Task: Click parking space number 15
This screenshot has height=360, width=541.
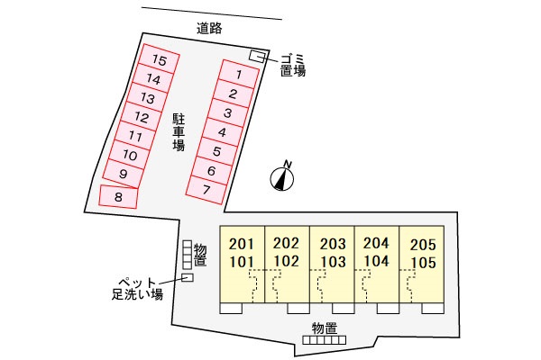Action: [159, 58]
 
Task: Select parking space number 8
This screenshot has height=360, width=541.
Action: [118, 197]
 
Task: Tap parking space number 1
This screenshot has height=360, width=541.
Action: [240, 74]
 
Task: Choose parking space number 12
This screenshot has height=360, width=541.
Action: [142, 117]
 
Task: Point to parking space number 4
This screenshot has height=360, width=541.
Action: [223, 132]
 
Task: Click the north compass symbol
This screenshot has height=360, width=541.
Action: [282, 177]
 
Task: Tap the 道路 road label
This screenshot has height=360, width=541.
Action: [209, 28]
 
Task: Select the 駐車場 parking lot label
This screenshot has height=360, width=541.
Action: [179, 133]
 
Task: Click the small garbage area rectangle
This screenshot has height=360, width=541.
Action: [257, 56]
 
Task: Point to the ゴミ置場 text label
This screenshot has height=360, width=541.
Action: [292, 66]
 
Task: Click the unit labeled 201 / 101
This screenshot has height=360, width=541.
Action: [243, 264]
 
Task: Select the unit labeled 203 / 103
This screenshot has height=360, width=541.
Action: [332, 264]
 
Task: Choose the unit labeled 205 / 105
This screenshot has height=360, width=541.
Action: [422, 264]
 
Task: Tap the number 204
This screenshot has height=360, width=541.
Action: [376, 243]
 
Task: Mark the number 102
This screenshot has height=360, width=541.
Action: [287, 261]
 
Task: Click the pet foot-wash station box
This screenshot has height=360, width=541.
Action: [188, 277]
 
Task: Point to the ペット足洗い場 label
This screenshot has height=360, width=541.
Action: [137, 289]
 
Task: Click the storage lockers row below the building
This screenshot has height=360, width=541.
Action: [325, 340]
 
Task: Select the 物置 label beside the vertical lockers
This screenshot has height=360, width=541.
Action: [200, 255]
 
